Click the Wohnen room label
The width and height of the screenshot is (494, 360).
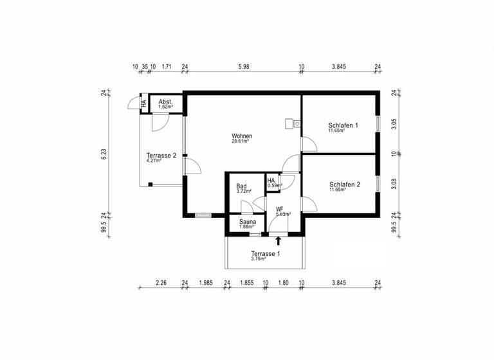[x=242, y=136]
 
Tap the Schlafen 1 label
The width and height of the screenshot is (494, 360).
[x=343, y=125]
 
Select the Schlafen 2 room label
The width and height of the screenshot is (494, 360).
[x=343, y=184]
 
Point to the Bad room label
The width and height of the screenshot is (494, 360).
[x=241, y=186]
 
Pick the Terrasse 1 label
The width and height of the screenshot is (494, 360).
[x=266, y=254]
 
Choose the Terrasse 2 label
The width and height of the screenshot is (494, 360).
[x=161, y=156]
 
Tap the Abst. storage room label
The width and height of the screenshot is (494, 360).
[x=165, y=102]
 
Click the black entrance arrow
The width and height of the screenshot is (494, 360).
[x=278, y=241]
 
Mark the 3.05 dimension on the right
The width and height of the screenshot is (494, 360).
[x=394, y=124]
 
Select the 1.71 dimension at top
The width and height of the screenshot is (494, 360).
[x=166, y=66]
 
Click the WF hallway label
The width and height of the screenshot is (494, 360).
[x=279, y=210]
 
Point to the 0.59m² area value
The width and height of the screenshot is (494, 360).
[x=275, y=186]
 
